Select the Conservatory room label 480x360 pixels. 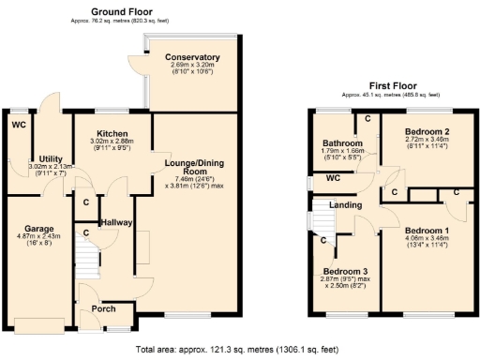(x=192, y=57)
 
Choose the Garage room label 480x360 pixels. (x=38, y=228)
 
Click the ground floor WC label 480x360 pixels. (x=19, y=124)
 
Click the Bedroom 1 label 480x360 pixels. (x=427, y=230)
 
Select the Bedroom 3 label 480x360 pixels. (x=344, y=271)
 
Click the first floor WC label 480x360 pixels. (x=331, y=177)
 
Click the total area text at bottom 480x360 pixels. (x=239, y=349)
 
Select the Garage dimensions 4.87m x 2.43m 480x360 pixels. (x=38, y=237)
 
